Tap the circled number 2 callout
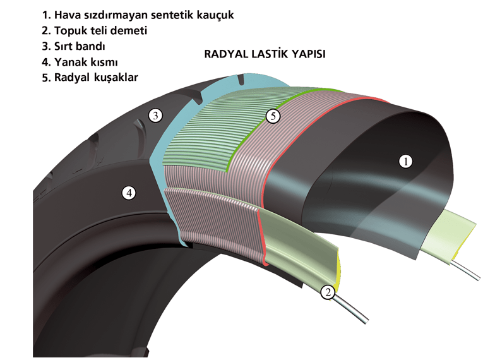point(327,292)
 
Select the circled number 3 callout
point(155,115)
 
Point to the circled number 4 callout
point(129,193)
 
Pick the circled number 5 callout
point(272,116)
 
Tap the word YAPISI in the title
point(306,54)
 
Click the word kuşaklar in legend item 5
point(116,77)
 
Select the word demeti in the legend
point(129,30)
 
